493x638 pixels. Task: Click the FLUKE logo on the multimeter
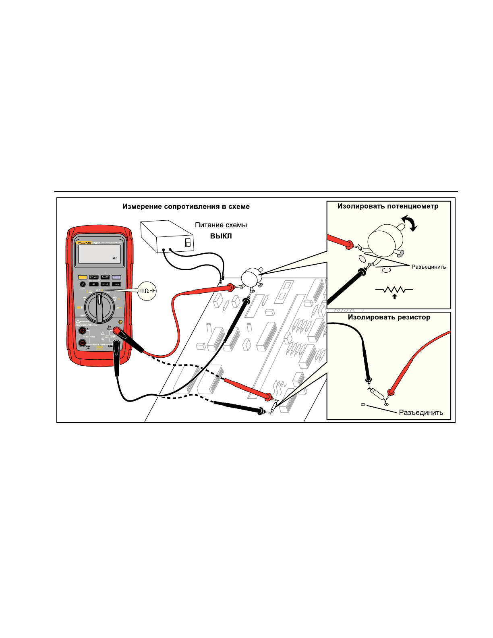pos(84,242)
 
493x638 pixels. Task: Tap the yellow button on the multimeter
pos(83,277)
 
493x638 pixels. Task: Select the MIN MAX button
pos(94,277)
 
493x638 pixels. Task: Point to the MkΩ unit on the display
pos(115,259)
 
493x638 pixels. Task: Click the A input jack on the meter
pos(82,331)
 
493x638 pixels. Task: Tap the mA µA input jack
pos(82,343)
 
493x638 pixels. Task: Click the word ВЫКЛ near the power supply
pos(221,236)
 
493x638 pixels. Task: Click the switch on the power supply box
pos(187,242)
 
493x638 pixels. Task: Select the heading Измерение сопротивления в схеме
pos(186,207)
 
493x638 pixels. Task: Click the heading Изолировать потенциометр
pos(387,206)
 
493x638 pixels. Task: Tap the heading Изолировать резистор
pos(389,317)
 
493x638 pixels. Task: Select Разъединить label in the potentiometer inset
pos(429,267)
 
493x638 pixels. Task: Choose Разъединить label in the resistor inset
pos(420,412)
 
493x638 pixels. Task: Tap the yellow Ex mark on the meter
pos(120,322)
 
